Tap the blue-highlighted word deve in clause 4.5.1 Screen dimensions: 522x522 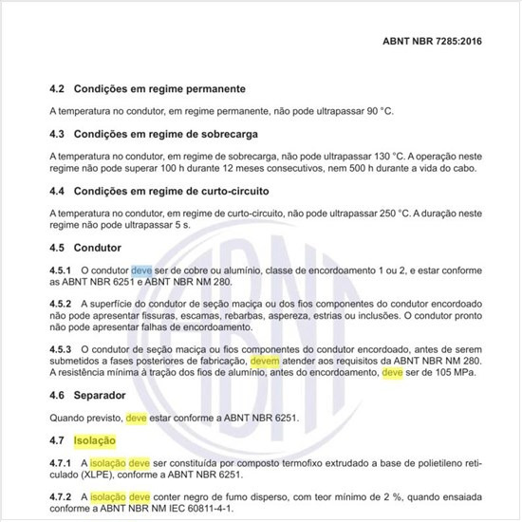[x=141, y=270]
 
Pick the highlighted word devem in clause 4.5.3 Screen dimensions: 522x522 [x=265, y=362]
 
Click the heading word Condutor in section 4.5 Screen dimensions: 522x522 [x=98, y=248]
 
